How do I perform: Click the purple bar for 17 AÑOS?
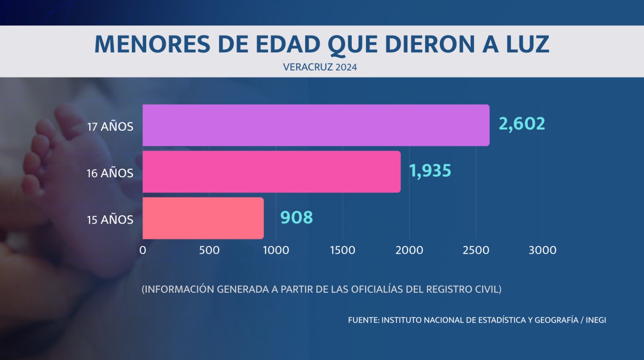(x=316, y=125)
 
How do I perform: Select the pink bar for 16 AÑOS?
(x=272, y=172)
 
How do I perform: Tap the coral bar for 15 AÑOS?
(x=203, y=218)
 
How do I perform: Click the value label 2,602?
(x=522, y=124)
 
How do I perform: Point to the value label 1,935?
(x=430, y=171)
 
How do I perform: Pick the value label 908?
(x=297, y=218)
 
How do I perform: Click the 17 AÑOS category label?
(x=110, y=126)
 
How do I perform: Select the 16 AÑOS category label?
(x=110, y=173)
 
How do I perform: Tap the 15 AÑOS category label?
(x=110, y=220)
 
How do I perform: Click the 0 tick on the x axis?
(x=142, y=250)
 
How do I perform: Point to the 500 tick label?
(x=209, y=250)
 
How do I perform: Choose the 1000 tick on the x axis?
(x=276, y=250)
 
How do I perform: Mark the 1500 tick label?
(x=343, y=250)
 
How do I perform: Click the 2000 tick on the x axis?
(x=409, y=250)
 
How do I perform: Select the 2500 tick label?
(x=476, y=250)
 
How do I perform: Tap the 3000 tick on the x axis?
(x=543, y=250)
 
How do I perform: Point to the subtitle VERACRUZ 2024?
(x=320, y=67)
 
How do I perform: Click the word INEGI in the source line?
(x=596, y=320)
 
